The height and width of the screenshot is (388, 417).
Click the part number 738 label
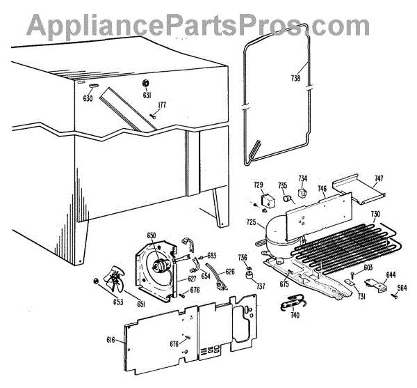[295, 79]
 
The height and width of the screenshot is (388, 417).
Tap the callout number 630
[88, 98]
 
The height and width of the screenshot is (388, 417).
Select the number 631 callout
[147, 95]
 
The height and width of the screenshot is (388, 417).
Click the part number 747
[378, 179]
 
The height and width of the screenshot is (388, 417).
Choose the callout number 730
[375, 214]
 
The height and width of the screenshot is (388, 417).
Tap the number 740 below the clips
[295, 315]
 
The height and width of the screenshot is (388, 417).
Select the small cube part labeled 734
[303, 194]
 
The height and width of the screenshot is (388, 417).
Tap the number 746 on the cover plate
[322, 189]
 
